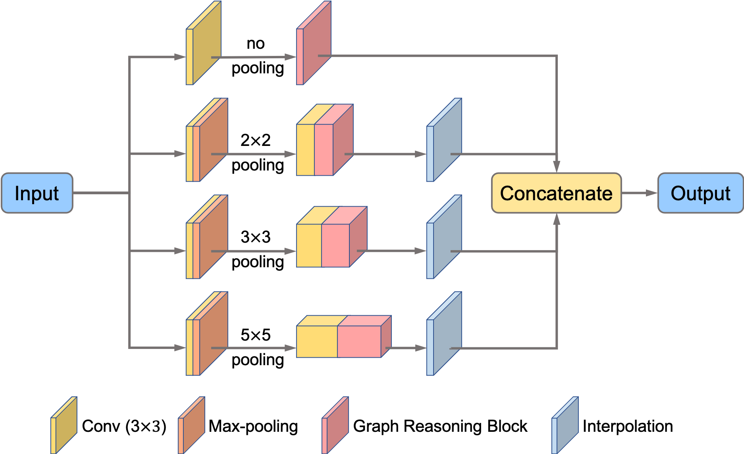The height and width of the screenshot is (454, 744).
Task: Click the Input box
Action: [37, 193]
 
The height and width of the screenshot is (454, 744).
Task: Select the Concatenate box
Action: [556, 193]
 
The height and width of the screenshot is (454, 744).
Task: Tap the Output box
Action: [700, 193]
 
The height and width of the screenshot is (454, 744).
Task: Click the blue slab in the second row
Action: [444, 140]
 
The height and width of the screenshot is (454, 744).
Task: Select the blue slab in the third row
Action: [444, 237]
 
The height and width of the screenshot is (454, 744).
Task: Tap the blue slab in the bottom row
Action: [444, 333]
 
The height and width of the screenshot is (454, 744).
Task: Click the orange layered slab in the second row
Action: [206, 140]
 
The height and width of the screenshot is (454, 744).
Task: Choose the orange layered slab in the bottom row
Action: [206, 333]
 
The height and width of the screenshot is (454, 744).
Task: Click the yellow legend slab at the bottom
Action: [64, 425]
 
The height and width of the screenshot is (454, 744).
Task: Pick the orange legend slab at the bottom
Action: [191, 425]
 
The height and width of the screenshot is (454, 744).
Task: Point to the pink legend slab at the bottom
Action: [335, 425]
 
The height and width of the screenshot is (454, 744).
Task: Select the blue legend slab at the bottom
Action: [565, 425]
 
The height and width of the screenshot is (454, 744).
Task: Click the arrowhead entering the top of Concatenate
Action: [557, 167]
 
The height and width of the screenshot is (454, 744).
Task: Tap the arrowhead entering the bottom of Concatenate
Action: [557, 219]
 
